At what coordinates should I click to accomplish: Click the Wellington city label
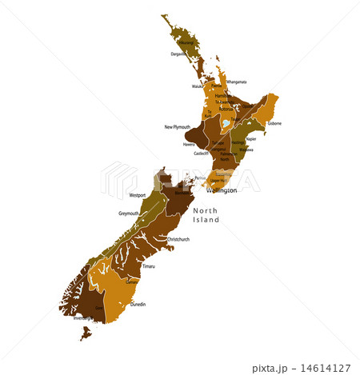222,191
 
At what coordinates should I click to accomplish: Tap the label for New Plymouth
178,126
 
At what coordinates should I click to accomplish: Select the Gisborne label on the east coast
274,124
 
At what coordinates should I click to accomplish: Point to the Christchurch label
178,239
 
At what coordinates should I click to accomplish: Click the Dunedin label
138,305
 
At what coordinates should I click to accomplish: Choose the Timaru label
149,265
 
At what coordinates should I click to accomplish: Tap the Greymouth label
129,213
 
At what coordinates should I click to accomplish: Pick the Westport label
138,194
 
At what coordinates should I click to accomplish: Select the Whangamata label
236,82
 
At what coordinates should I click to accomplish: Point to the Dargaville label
178,54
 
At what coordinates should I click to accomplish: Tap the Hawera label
189,145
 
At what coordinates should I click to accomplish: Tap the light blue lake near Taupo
226,125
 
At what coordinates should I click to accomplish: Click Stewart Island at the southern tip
86,332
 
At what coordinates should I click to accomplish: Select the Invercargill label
83,317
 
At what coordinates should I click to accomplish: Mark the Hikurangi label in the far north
186,42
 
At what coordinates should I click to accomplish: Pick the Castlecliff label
199,153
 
